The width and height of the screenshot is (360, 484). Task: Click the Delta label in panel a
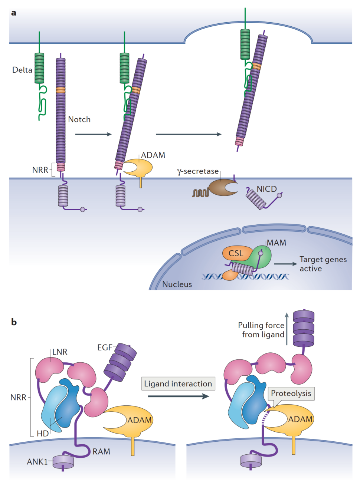(22, 70)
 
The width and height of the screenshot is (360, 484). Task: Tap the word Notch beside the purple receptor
(79, 119)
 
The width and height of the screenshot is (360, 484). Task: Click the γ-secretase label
(198, 171)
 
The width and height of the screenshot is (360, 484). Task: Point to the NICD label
(266, 189)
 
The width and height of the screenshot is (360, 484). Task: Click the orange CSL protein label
(236, 253)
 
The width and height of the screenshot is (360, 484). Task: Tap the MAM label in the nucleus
(276, 243)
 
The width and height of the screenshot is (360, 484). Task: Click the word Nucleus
(177, 284)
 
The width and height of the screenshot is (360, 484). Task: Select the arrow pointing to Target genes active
(285, 264)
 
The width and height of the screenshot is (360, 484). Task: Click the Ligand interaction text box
(178, 383)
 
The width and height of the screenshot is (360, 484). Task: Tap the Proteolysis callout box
(291, 393)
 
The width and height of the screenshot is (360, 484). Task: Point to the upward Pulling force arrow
(287, 329)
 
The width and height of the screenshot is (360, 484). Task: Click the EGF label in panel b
(105, 348)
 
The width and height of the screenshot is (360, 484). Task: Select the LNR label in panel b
(60, 352)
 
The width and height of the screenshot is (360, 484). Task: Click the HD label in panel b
(43, 433)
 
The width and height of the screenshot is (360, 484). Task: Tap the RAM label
(101, 452)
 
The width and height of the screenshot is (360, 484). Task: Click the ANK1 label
(37, 462)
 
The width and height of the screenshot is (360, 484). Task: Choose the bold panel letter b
(14, 322)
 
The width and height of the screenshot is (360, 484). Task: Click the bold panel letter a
(14, 13)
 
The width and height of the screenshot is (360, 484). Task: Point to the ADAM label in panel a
(153, 155)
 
